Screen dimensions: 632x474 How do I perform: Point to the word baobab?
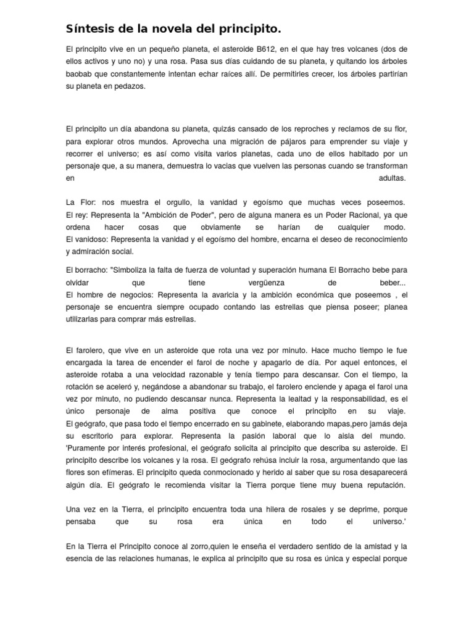pos(79,74)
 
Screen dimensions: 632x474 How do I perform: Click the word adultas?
pos(393,178)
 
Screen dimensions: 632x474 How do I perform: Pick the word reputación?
pos(380,485)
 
